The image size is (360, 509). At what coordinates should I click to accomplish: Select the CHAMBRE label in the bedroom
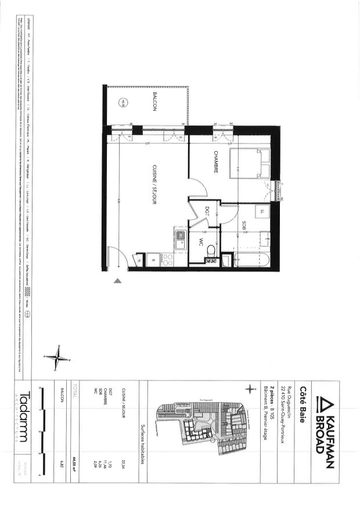coord(215,162)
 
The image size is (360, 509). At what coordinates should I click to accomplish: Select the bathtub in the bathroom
coord(253,260)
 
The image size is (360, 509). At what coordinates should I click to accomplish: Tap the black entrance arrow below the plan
coord(118,281)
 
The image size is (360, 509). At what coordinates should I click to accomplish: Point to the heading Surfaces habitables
coord(142,444)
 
